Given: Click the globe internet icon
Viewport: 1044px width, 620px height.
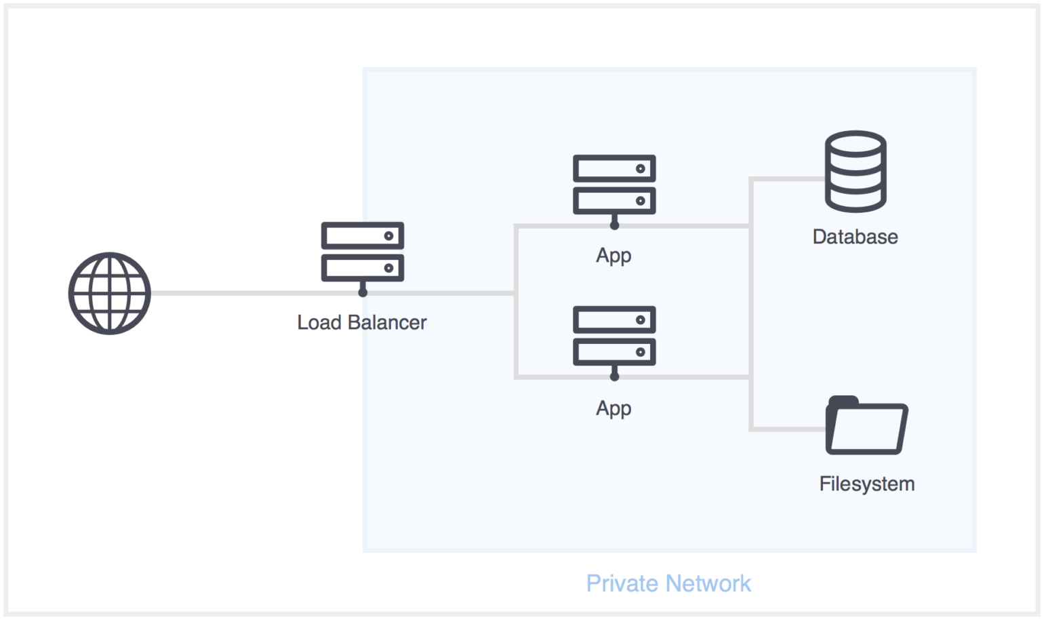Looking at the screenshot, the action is click(110, 294).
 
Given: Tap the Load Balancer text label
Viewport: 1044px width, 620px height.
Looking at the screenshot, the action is click(362, 322).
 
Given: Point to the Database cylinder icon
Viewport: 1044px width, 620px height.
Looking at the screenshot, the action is click(856, 171).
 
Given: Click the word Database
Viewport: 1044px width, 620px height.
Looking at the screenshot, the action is click(856, 237).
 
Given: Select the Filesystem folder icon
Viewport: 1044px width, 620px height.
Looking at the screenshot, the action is click(867, 425).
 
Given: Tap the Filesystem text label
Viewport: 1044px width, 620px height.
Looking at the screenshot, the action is click(867, 484).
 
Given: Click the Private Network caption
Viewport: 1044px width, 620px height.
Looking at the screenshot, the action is click(668, 583).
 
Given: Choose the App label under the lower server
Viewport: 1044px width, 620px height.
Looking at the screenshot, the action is click(614, 408).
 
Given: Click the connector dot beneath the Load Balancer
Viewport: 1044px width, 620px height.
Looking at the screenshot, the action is click(363, 292).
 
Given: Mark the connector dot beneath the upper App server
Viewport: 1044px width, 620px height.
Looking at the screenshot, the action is click(614, 225).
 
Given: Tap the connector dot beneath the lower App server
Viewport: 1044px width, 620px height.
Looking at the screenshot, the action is click(614, 376).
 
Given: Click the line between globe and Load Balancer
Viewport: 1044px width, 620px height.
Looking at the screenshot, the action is click(254, 293).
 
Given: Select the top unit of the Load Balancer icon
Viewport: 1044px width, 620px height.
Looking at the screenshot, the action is click(363, 235).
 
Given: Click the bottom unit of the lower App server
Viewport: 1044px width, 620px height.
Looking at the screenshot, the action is click(614, 352).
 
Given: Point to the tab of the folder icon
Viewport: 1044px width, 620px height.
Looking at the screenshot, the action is click(843, 401).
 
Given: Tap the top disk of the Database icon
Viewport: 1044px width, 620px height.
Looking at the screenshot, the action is click(856, 144).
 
